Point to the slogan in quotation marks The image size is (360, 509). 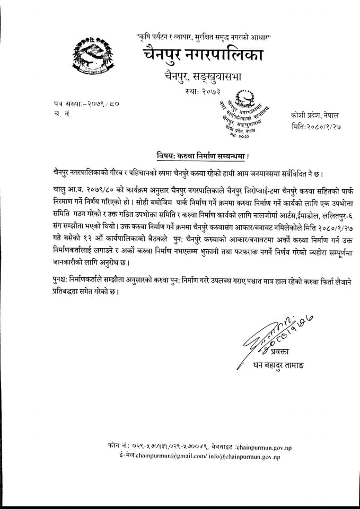pos(204,38)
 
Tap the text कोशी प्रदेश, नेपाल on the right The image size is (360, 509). pos(315,115)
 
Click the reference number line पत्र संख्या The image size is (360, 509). pos(86,103)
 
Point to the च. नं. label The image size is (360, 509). pos(62,115)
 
